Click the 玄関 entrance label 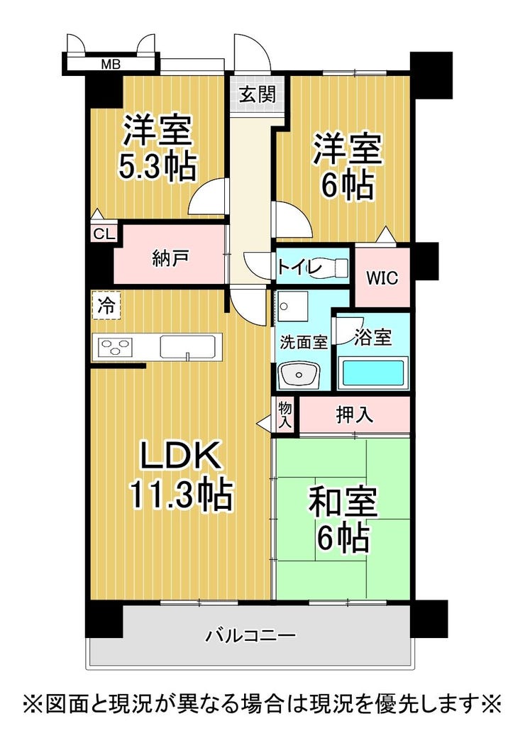click(258, 94)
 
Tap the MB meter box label click(110, 64)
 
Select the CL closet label click(104, 234)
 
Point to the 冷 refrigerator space click(106, 305)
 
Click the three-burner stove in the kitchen click(114, 346)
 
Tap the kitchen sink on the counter click(188, 347)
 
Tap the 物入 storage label click(284, 415)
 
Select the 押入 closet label click(354, 414)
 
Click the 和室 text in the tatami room click(343, 501)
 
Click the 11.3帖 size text click(182, 494)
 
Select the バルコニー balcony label click(251, 635)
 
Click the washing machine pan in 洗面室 click(292, 305)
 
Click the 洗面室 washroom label click(303, 342)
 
